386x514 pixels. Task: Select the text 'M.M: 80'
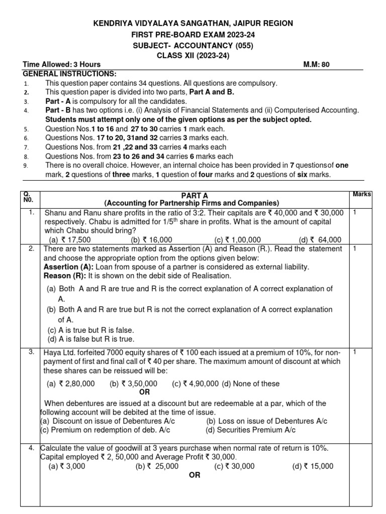click(317, 64)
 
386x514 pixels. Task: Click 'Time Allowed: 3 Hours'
click(62, 64)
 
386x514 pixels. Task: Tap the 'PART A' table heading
click(191, 194)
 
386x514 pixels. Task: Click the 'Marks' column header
click(362, 194)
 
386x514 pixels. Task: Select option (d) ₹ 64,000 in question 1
click(320, 240)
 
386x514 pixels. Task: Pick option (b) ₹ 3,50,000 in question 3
click(133, 383)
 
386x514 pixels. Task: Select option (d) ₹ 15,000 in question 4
click(313, 466)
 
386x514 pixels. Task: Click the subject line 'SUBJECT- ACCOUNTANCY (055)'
click(193, 45)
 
